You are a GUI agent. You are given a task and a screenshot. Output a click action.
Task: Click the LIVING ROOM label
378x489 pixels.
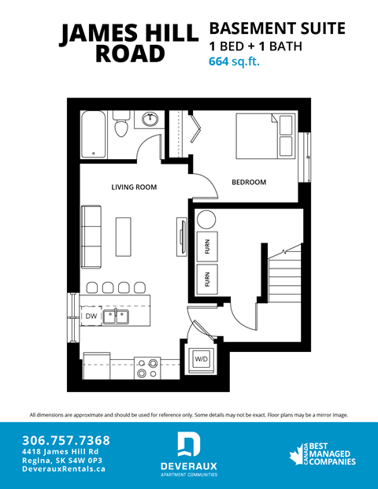pos(133,187)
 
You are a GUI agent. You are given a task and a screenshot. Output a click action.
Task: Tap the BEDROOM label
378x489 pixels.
pos(248,182)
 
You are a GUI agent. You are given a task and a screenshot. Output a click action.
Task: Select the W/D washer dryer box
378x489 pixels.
pos(202,359)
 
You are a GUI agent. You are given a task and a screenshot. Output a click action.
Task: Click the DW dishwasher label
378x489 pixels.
pos(91,316)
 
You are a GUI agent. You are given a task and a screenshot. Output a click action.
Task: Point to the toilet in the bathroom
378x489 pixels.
pos(120,125)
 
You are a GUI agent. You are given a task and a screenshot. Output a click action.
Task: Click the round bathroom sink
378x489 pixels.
pos(150,120)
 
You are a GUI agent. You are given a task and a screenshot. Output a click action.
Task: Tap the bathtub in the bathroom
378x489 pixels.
pos(94,132)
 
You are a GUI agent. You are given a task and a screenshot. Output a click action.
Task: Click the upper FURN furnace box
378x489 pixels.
pos(207,246)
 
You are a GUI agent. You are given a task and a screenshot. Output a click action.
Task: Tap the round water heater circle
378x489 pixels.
pos(206,219)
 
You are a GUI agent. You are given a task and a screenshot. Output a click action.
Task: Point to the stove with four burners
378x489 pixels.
pos(148,368)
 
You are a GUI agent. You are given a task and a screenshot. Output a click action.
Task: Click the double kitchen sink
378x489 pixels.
pos(119,316)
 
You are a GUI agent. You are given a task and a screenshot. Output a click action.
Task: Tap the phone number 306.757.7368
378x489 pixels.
pos(66,439)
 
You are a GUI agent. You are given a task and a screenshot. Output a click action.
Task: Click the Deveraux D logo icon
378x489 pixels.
pos(189,444)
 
